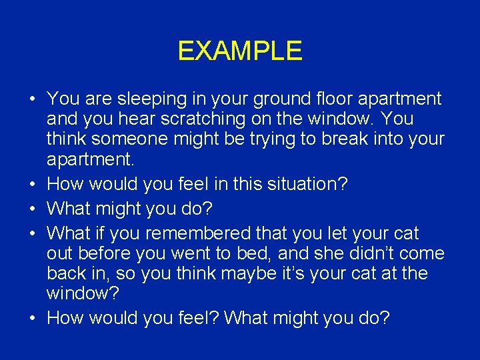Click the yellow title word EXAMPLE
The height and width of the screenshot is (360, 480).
(240, 51)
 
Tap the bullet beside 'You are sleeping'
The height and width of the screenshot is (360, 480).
(32, 100)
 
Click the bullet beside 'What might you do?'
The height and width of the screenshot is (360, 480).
(32, 209)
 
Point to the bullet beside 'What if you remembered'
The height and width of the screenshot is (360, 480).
(32, 234)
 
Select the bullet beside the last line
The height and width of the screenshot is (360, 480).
(32, 319)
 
